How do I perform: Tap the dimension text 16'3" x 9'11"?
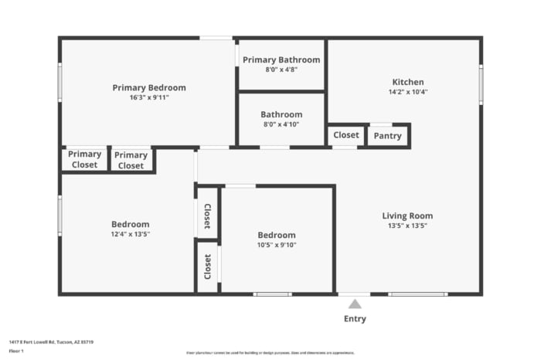click(149, 97)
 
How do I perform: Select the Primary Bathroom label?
click(281, 59)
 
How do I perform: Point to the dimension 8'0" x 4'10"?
click(281, 124)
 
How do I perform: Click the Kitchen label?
click(408, 82)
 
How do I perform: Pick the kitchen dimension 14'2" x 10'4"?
click(408, 92)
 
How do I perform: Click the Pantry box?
click(387, 136)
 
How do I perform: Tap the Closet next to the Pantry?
click(345, 135)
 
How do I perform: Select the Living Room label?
click(407, 216)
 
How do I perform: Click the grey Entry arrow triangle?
click(355, 304)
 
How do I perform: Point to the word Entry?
click(355, 319)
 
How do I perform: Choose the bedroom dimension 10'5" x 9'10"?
click(277, 245)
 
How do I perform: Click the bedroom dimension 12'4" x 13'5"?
click(131, 234)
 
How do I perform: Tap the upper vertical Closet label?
click(207, 217)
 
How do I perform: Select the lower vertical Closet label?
click(207, 267)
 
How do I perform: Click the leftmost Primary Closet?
click(84, 159)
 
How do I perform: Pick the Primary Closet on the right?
click(131, 161)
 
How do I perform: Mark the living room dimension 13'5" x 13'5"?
click(407, 226)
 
